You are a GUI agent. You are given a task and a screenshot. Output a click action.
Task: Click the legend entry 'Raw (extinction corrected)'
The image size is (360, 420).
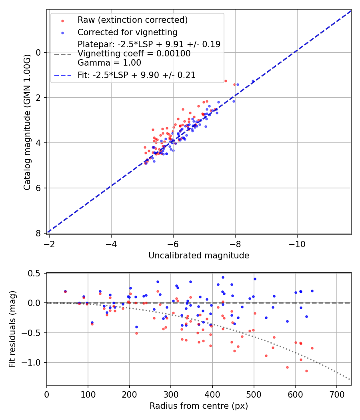click(x=132, y=20)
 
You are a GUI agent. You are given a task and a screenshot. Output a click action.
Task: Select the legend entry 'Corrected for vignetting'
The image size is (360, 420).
click(x=127, y=32)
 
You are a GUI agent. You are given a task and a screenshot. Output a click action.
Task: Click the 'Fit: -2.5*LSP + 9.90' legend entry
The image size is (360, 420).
click(x=136, y=75)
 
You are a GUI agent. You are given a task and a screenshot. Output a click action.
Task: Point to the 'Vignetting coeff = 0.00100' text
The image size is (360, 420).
click(x=134, y=54)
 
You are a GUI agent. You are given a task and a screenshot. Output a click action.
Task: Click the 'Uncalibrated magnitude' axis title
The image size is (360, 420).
click(x=199, y=256)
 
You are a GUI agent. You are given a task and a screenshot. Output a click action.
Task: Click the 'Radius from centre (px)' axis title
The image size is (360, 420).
click(x=199, y=406)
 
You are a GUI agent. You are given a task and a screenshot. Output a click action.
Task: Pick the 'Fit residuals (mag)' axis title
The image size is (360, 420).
click(x=12, y=328)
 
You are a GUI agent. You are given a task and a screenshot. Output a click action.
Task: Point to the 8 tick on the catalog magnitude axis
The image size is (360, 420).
click(x=39, y=233)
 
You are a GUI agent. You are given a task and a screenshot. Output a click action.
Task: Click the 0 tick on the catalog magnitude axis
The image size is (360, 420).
click(x=39, y=52)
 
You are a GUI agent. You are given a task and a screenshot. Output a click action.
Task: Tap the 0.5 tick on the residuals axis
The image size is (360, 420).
click(x=36, y=273)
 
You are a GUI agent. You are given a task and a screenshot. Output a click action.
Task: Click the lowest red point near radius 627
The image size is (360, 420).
click(x=306, y=371)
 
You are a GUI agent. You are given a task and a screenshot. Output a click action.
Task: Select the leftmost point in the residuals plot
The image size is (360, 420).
click(x=65, y=292)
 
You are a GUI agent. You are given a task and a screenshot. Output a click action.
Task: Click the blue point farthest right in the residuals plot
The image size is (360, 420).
click(x=312, y=291)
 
